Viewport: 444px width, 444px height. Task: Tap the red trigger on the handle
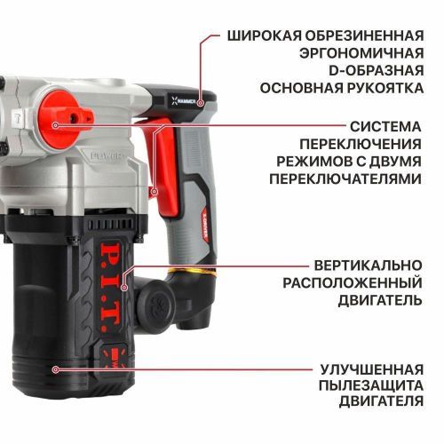(x=157, y=164)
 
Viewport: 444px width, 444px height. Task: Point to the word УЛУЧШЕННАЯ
(x=370, y=368)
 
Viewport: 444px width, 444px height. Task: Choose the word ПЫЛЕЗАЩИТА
(x=368, y=385)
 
